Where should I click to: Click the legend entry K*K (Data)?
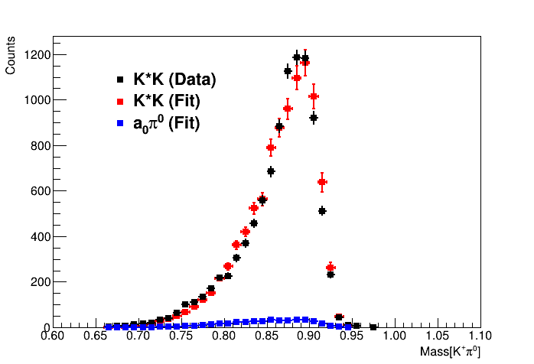click(174, 79)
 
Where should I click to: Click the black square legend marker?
click(120, 80)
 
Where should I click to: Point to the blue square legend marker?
click(120, 123)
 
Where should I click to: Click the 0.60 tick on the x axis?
click(53, 336)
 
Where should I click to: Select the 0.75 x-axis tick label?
click(181, 336)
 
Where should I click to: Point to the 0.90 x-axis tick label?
click(309, 336)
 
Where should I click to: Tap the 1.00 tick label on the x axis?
click(395, 336)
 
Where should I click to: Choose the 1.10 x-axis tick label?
click(480, 336)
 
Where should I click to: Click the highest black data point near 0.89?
click(297, 57)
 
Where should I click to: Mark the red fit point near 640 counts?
click(322, 182)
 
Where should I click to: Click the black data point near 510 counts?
click(322, 211)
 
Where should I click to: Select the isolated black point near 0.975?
click(373, 327)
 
